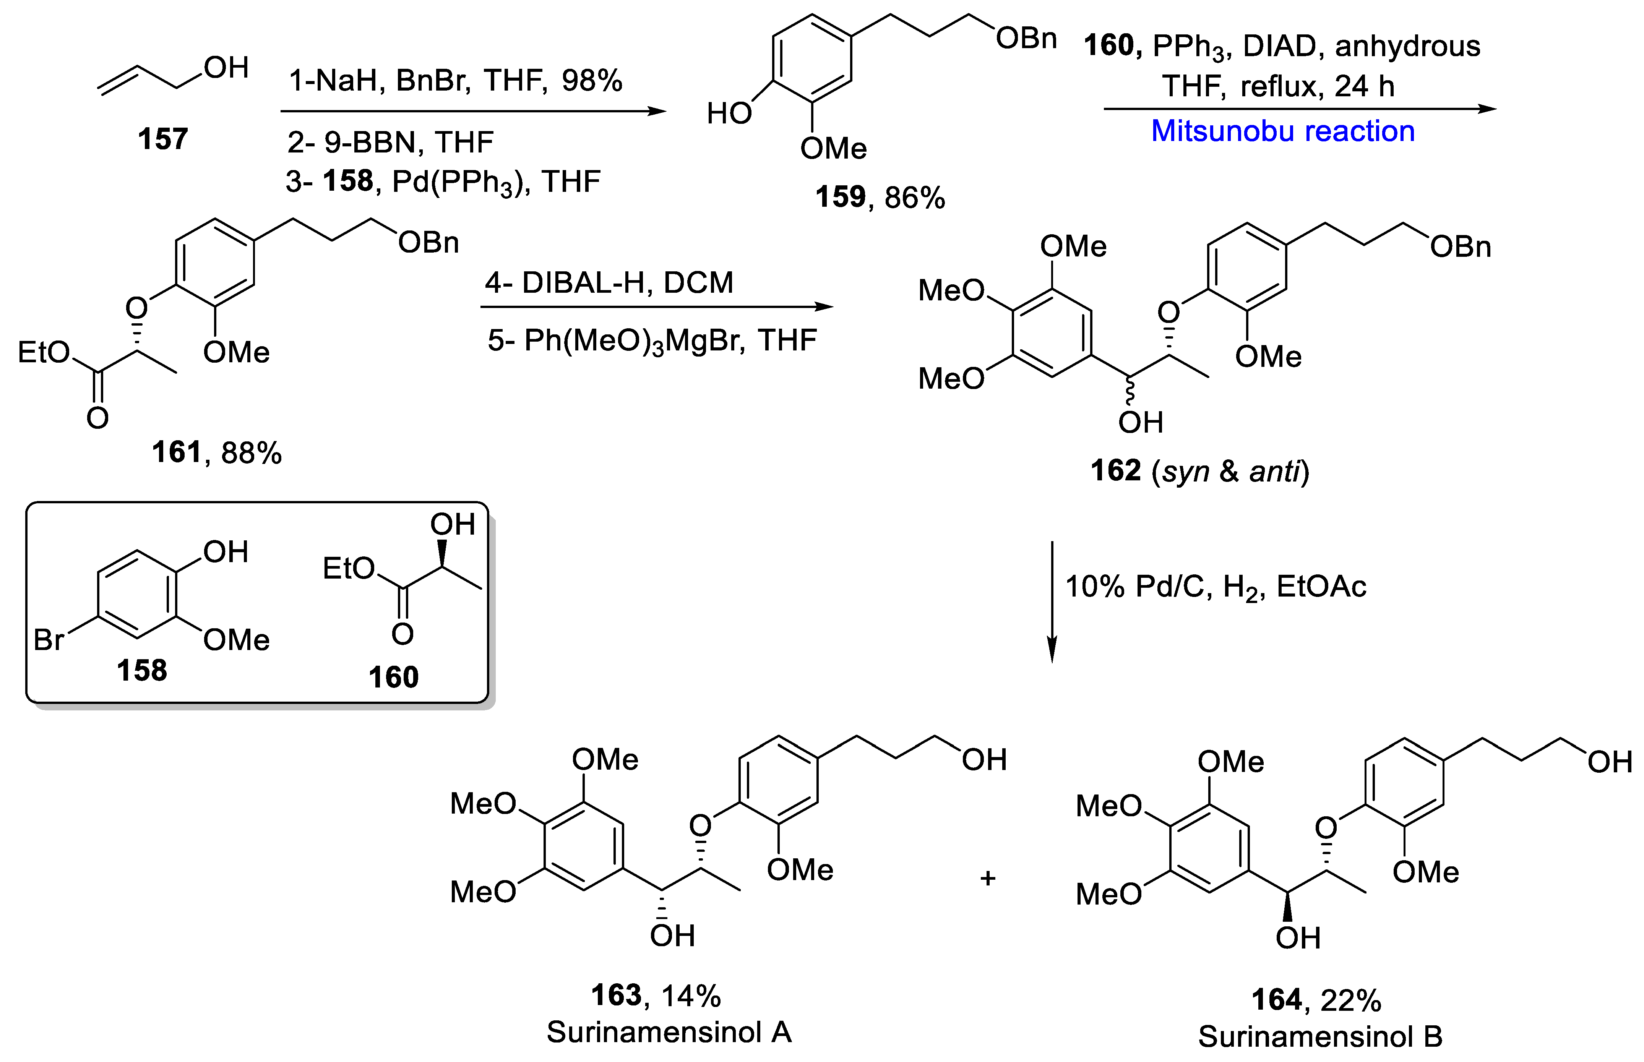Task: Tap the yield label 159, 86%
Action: point(879,197)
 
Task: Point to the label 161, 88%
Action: point(216,453)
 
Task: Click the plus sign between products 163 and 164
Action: point(987,878)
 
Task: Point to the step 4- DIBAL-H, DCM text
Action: point(609,283)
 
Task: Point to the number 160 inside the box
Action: point(393,677)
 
